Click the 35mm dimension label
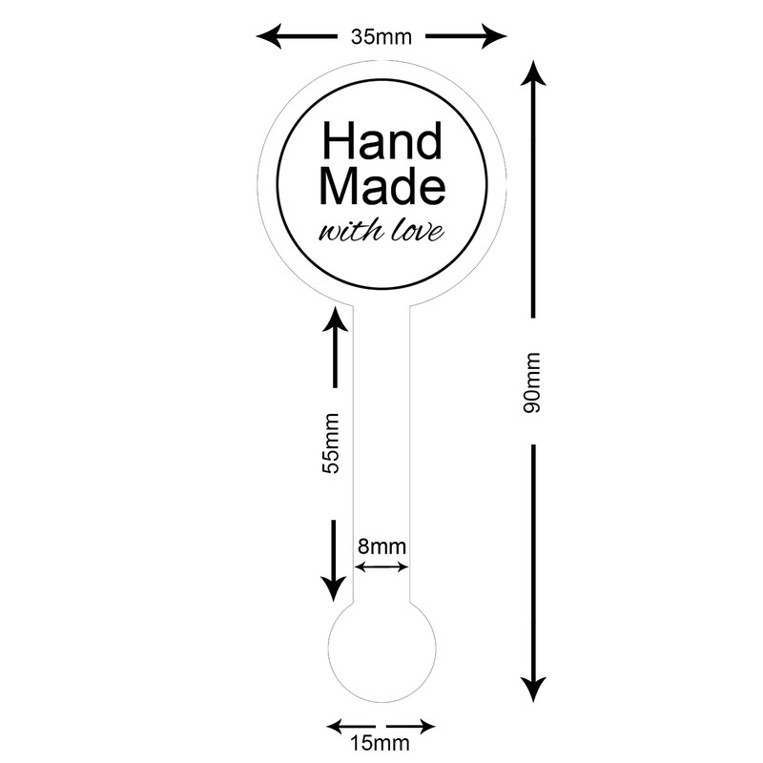click(381, 38)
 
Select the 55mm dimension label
click(332, 443)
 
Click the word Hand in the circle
click(381, 143)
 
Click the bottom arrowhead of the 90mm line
click(533, 689)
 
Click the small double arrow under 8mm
click(381, 567)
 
